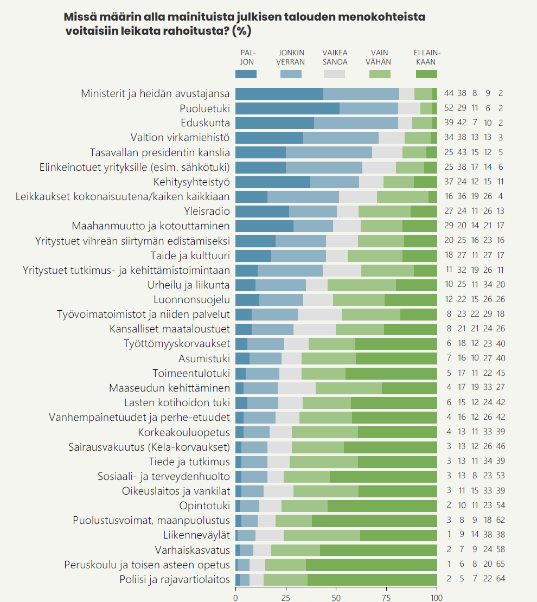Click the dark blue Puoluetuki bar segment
(x=287, y=108)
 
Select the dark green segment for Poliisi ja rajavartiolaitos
(x=372, y=579)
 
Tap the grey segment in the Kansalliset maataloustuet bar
(x=315, y=329)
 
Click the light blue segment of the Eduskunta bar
(x=356, y=123)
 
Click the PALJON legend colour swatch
(x=246, y=74)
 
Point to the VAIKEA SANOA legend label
(x=335, y=57)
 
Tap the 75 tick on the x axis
(x=387, y=597)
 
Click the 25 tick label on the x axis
(x=286, y=597)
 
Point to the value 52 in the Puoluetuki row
(x=449, y=108)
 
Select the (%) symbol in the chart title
(x=241, y=31)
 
